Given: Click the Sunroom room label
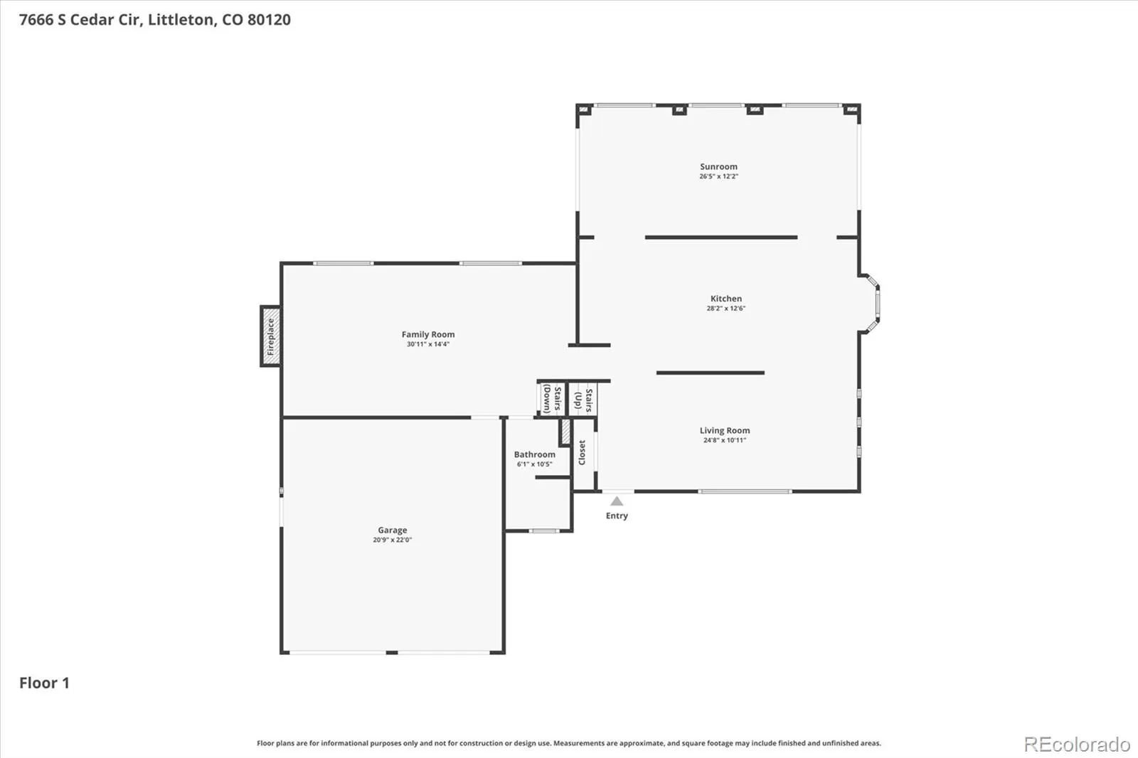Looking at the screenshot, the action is (718, 166).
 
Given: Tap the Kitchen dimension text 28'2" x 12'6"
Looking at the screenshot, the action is (726, 309).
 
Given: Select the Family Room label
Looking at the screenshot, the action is (427, 334).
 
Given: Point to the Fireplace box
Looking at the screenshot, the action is (271, 336).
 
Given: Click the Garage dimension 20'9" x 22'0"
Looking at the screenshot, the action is (392, 540).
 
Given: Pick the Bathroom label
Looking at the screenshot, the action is (534, 454).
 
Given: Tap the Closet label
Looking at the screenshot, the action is (583, 452).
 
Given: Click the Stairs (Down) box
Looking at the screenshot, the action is (552, 399).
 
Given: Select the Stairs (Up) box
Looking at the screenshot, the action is (583, 399).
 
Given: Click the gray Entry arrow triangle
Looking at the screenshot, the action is (617, 501).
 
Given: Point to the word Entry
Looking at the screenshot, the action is (617, 516).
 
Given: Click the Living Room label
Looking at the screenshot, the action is (725, 430).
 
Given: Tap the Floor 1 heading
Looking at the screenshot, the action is (44, 683).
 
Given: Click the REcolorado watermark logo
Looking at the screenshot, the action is (1077, 744).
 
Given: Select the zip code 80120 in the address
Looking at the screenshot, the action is (270, 19).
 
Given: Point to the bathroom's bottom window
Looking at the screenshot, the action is (544, 531).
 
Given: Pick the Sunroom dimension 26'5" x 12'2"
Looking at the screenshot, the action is (718, 176).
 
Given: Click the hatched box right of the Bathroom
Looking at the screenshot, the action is (565, 432).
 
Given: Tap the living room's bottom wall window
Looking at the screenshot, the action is (745, 491).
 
